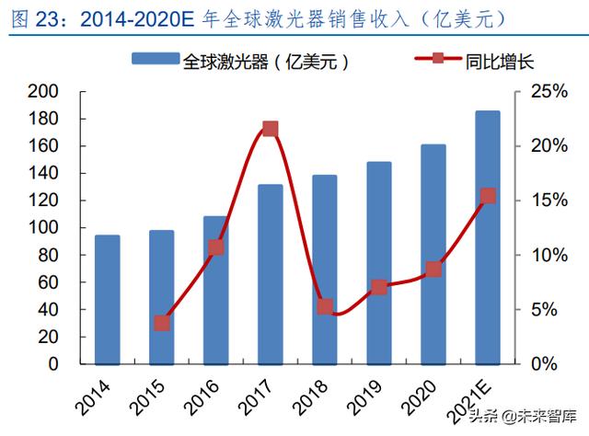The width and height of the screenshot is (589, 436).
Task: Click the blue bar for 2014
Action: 108,299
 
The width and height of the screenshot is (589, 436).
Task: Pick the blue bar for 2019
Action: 378,262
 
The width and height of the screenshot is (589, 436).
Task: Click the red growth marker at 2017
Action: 270,129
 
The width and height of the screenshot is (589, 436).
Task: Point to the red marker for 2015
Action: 162,323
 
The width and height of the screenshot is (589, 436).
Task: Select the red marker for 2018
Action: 324,306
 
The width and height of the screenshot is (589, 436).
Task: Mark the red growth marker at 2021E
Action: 488,195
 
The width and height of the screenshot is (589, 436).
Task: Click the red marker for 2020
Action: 433,270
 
